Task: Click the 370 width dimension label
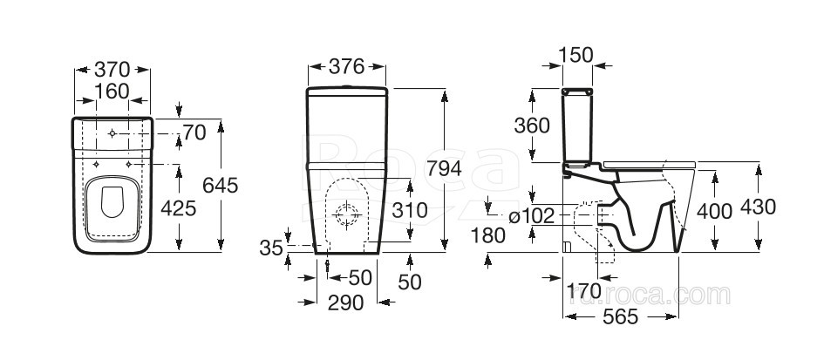click(x=112, y=69)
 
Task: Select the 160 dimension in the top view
click(x=112, y=92)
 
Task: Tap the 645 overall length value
click(x=221, y=185)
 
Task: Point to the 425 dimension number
click(x=179, y=208)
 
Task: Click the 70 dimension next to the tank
click(x=194, y=133)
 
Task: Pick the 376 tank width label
click(x=347, y=66)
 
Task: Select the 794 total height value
click(x=444, y=168)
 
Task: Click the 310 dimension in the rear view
click(x=410, y=210)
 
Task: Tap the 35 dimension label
click(x=271, y=248)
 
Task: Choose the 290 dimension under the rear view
click(x=346, y=302)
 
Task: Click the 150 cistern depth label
click(x=576, y=55)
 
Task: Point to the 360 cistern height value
click(x=532, y=126)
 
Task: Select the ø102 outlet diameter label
click(x=532, y=215)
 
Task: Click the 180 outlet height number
click(x=488, y=236)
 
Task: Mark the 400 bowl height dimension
click(x=715, y=211)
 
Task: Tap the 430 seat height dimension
click(x=759, y=207)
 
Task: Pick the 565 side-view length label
click(x=621, y=316)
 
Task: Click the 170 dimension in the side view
click(x=584, y=290)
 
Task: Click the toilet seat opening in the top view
click(x=112, y=202)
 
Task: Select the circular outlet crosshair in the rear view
click(x=347, y=215)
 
